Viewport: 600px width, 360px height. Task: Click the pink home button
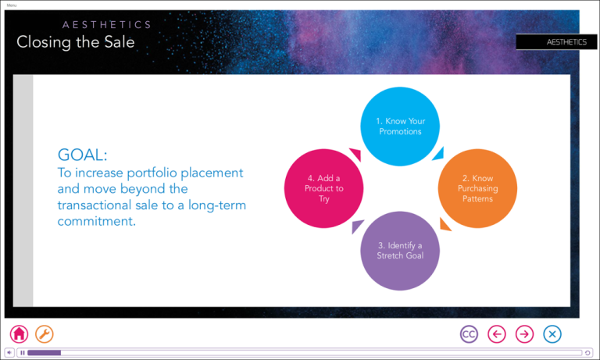tap(19, 334)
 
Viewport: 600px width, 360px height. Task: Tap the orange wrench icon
tap(45, 334)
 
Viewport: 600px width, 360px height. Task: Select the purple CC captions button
tap(469, 334)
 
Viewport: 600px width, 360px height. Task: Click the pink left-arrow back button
tap(497, 334)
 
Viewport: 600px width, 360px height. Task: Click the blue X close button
tap(552, 334)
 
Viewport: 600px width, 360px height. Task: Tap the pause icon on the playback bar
tap(23, 353)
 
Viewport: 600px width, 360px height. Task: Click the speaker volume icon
tap(9, 353)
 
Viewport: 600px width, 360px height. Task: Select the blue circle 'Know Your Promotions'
tap(400, 127)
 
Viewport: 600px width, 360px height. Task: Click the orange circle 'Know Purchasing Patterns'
tap(477, 188)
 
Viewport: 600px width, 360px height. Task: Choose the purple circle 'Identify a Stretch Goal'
tap(400, 251)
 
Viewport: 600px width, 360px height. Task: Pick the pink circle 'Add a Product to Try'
tap(323, 188)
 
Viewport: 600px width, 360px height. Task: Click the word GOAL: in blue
tap(82, 155)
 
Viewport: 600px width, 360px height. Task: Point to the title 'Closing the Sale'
tap(75, 41)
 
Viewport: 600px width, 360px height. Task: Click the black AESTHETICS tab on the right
tap(556, 42)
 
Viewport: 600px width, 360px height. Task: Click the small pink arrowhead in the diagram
tap(356, 154)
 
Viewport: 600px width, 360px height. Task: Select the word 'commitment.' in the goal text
tap(96, 221)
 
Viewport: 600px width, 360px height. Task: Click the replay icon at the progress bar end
tap(587, 353)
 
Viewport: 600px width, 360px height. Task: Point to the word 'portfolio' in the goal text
tap(152, 173)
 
